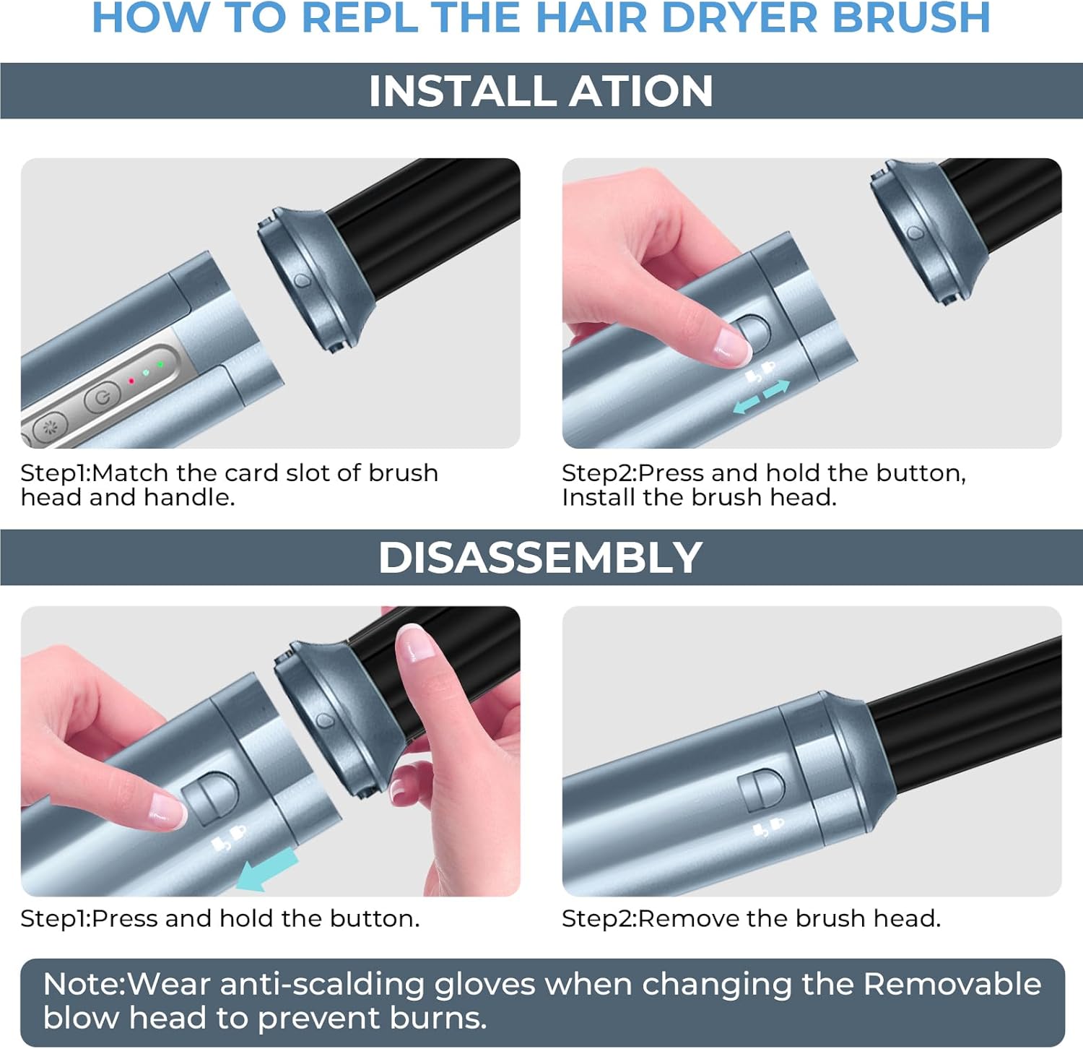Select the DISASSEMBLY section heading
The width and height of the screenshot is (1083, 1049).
(x=540, y=558)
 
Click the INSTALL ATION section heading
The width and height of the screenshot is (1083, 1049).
(x=540, y=91)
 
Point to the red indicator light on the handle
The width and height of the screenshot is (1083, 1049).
(x=131, y=381)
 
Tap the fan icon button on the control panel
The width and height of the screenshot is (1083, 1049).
(x=51, y=427)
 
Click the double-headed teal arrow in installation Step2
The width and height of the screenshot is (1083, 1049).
(x=761, y=397)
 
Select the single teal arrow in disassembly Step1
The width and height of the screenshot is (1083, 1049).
(x=267, y=869)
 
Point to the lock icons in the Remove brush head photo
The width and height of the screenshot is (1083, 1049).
(x=767, y=826)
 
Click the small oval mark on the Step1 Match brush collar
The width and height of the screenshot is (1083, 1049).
(x=302, y=281)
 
